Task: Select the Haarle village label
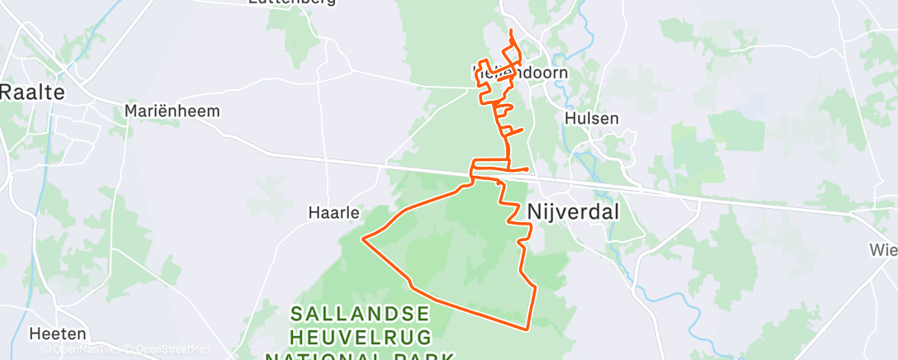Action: [333, 212]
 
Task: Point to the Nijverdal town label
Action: [573, 212]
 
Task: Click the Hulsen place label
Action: [592, 118]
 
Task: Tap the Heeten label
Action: [57, 334]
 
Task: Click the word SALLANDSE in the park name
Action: [361, 314]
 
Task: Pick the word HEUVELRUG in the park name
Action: [360, 337]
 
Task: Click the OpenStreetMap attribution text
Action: [173, 349]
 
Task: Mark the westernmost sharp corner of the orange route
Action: [363, 239]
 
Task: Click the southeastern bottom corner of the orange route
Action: [527, 329]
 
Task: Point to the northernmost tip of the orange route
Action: [513, 31]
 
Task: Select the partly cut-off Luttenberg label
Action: [291, 2]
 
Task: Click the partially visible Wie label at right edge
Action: [883, 249]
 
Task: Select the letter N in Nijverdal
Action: [534, 212]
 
